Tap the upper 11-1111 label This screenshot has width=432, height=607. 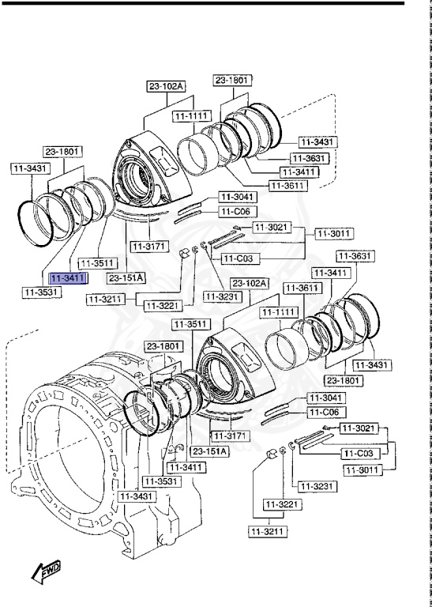190,115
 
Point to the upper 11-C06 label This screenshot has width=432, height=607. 235,212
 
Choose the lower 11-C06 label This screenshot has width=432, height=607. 322,412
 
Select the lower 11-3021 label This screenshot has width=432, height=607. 360,428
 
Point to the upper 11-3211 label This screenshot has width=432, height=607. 106,299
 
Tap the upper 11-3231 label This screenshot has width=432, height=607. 221,296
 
